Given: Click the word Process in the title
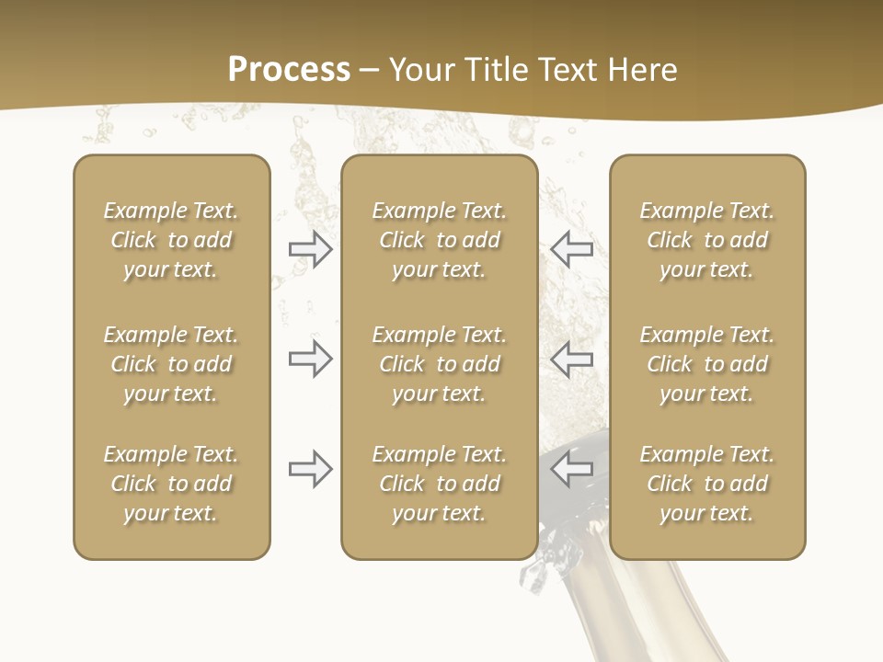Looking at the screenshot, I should [289, 70].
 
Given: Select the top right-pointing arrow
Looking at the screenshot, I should [311, 249].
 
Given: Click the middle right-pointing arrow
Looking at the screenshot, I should [311, 359].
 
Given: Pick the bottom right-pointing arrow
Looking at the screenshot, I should [311, 470].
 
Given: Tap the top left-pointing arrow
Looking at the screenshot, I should [571, 248].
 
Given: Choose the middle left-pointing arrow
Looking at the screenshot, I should [571, 359].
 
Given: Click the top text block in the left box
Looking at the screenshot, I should [171, 240].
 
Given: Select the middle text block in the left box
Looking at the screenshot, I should [171, 364].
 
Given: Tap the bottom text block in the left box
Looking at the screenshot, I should [171, 484].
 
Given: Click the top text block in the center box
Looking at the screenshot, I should [440, 240].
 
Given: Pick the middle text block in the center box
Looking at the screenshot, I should [440, 364].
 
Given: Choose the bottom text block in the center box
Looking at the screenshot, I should [440, 484].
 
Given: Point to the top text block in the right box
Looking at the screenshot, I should [707, 240].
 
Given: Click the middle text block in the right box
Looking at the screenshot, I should [707, 364].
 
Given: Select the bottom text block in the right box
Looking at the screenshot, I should [707, 484].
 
